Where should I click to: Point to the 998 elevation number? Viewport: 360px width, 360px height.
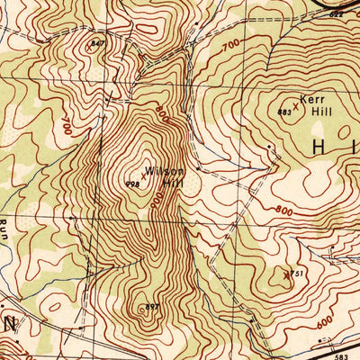coord(131,183)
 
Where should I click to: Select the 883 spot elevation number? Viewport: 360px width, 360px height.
coord(285,112)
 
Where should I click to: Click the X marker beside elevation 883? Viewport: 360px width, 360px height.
coord(295,106)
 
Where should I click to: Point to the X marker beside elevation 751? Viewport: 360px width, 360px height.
coord(287,274)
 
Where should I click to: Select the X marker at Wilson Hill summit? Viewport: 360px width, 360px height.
coord(143,177)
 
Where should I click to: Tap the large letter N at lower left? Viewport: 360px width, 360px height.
coord(10,321)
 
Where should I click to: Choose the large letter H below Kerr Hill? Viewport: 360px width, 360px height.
coord(321,146)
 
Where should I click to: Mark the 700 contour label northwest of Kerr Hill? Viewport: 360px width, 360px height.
coord(232,43)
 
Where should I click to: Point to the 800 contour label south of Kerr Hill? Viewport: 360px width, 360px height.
coord(286,210)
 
